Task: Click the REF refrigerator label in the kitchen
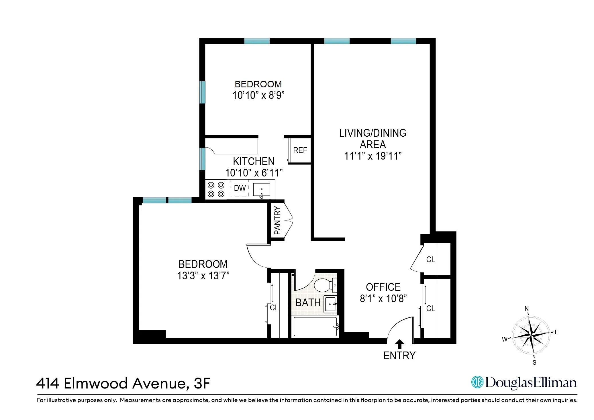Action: (300, 150)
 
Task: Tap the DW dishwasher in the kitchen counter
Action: (240, 188)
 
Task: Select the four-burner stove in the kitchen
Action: (216, 189)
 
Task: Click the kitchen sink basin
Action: (262, 189)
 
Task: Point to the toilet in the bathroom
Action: (325, 285)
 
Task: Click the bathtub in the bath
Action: (315, 326)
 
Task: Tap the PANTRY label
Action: (277, 220)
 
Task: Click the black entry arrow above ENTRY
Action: (399, 344)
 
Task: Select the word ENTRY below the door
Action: (399, 356)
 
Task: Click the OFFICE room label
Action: (383, 287)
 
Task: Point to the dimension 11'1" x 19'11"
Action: (373, 156)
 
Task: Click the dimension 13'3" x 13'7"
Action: (203, 276)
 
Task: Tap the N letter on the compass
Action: (526, 309)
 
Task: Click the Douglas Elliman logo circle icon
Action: (477, 382)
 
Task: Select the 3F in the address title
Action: (202, 383)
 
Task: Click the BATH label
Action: (308, 303)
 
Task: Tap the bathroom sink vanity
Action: (330, 304)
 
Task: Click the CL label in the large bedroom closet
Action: (274, 307)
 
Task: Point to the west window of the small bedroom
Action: (202, 92)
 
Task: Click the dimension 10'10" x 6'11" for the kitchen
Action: (254, 173)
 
